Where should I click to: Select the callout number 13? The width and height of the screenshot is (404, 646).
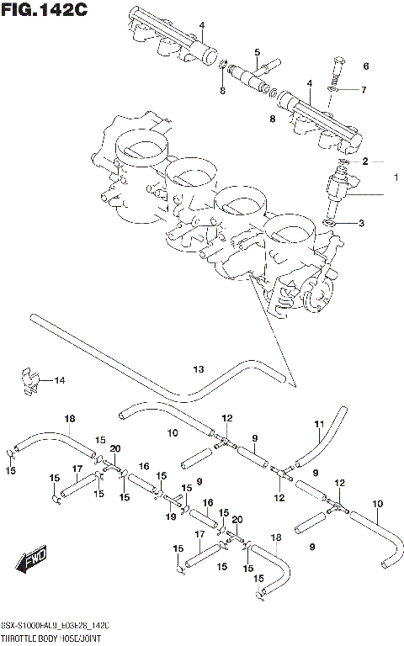pyautogui.click(x=198, y=369)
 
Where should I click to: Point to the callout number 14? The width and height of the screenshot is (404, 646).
pyautogui.click(x=59, y=381)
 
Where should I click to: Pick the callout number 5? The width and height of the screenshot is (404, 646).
pyautogui.click(x=257, y=52)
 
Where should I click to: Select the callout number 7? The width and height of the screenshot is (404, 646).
pyautogui.click(x=364, y=90)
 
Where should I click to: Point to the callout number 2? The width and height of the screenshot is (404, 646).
pyautogui.click(x=365, y=161)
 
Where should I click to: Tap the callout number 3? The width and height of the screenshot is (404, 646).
pyautogui.click(x=361, y=223)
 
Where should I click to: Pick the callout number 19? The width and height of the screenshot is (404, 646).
pyautogui.click(x=171, y=517)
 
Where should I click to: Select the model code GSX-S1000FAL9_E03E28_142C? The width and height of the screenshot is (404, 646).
pyautogui.click(x=59, y=628)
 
